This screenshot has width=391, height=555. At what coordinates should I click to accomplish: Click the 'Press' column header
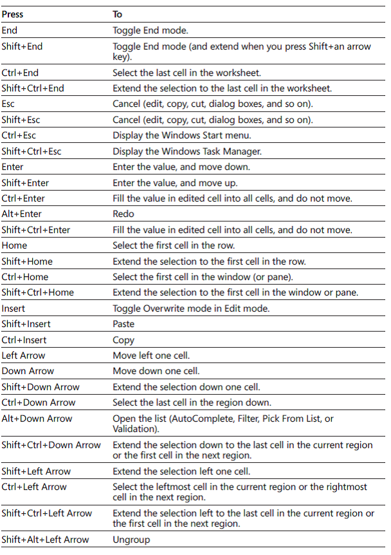[12, 14]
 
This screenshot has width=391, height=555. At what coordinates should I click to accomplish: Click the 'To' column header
[117, 14]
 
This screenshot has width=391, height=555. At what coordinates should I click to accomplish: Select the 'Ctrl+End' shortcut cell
[20, 73]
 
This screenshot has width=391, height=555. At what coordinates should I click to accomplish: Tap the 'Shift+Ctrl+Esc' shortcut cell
[32, 151]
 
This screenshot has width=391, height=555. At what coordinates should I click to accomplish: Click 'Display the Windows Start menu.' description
[181, 135]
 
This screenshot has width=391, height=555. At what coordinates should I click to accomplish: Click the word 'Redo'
[123, 214]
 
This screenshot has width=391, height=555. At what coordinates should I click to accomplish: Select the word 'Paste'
[123, 324]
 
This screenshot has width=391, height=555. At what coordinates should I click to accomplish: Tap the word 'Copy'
[123, 340]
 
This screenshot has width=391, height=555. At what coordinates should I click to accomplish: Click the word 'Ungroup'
[131, 540]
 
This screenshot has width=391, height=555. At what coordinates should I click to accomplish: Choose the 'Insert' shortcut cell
[14, 308]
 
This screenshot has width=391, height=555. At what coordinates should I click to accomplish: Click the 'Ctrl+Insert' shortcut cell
[24, 340]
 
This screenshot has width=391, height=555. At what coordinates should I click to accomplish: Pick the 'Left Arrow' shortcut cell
[23, 355]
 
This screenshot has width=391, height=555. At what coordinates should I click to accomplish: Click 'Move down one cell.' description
[156, 371]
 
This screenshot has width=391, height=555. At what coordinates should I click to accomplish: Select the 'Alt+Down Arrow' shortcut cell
[37, 419]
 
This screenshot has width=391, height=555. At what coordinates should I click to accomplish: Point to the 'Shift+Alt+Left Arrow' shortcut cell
[45, 540]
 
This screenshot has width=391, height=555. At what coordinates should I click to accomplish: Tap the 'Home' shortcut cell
[14, 245]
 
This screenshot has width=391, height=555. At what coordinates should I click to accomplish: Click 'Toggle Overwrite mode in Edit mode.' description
[191, 308]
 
